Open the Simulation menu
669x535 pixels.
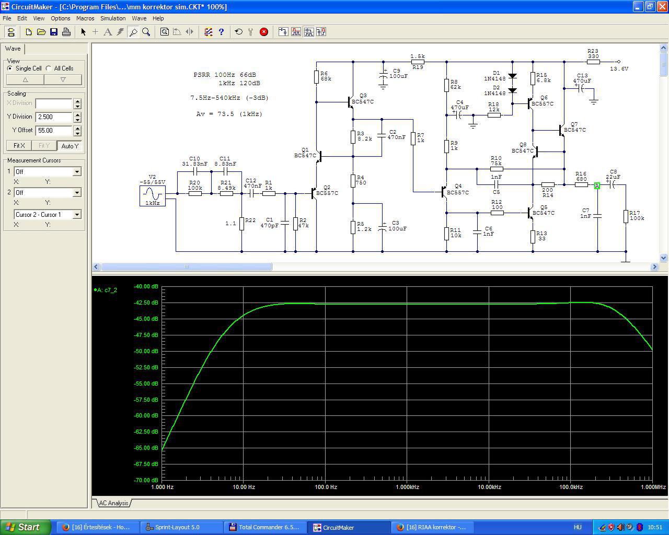113,18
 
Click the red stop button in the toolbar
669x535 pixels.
264,32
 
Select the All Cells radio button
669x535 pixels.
49,68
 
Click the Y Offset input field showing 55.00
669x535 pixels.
54,130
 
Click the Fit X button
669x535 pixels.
19,145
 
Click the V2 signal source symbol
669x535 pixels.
152,195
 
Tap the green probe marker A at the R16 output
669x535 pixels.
597,185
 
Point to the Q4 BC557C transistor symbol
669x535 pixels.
444,192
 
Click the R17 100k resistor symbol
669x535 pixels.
626,216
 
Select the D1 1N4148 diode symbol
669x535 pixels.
512,76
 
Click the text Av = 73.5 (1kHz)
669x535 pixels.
229,114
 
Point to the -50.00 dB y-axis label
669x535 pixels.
146,351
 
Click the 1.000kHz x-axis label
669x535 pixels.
407,487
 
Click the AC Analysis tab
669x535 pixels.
113,503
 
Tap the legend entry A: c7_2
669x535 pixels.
106,290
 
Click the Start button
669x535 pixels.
25,527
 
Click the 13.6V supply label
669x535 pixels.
619,68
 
